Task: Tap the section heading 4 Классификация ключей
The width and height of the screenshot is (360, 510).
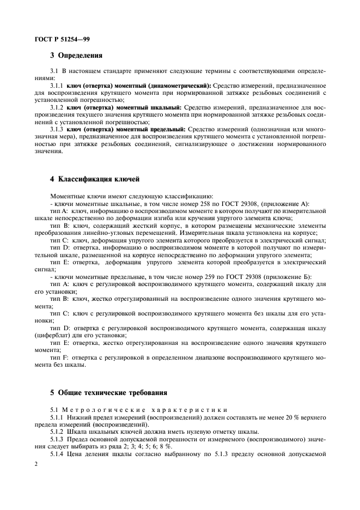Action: click(95, 179)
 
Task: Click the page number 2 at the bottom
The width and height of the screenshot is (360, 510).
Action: click(35, 464)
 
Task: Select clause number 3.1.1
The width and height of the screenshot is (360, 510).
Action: click(56, 86)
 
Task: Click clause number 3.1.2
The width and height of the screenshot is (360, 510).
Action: click(56, 107)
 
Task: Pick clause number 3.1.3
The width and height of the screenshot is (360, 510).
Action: click(56, 129)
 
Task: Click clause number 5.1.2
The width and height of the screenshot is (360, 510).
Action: click(57, 430)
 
